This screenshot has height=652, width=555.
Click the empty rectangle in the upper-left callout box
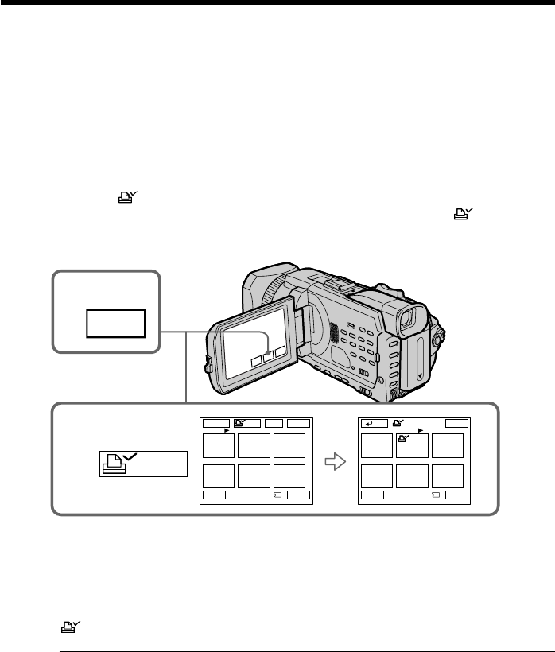tap(117, 324)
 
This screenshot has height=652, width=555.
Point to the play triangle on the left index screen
tap(227, 432)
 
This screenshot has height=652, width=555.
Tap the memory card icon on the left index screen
tap(275, 494)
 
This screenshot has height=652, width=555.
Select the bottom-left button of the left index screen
tap(213, 494)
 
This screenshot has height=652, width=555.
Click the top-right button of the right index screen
tap(456, 424)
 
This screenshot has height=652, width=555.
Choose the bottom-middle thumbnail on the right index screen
tap(413, 475)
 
